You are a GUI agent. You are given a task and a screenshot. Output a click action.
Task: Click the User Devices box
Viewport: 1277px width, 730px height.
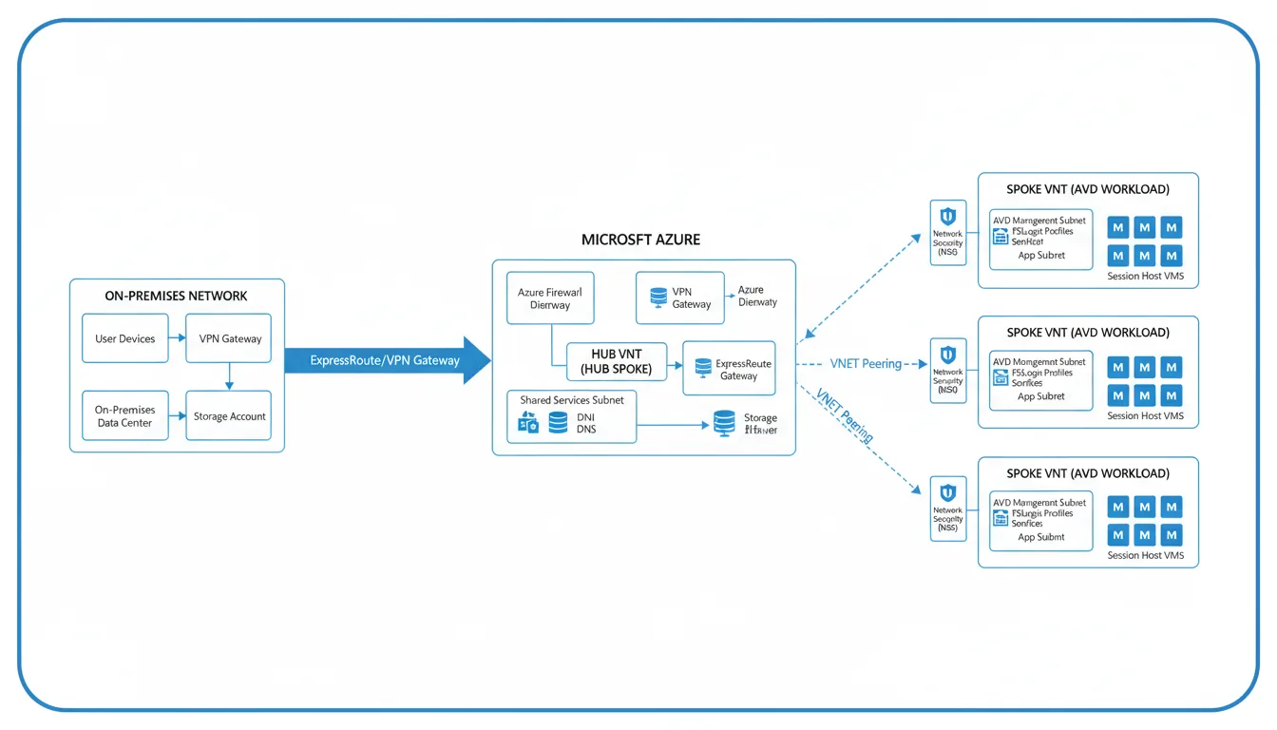[124, 338]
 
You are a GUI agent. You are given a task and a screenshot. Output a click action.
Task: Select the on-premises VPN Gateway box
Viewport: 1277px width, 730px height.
[229, 338]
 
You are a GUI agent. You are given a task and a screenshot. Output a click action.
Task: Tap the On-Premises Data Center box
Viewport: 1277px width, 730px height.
[124, 415]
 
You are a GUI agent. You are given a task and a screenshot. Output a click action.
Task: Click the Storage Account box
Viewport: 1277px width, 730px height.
[229, 415]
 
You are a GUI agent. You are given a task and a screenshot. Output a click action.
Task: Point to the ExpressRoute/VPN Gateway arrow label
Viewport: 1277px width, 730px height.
[384, 360]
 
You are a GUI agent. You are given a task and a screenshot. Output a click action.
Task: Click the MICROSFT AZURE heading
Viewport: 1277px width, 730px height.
[640, 240]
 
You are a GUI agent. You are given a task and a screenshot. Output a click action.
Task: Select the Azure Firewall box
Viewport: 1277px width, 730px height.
[550, 298]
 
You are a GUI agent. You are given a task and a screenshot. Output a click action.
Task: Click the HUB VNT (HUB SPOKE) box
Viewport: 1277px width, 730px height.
[616, 360]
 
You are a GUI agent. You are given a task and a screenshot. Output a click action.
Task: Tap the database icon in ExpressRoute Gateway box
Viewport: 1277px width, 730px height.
[703, 368]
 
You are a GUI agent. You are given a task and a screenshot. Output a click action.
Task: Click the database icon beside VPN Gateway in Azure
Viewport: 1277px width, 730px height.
[658, 298]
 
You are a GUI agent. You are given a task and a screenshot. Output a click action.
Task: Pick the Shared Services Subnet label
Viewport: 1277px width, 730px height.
[571, 400]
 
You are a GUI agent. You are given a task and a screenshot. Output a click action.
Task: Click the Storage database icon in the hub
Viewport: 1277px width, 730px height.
[724, 422]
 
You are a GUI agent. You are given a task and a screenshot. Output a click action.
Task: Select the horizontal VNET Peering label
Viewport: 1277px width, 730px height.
[865, 363]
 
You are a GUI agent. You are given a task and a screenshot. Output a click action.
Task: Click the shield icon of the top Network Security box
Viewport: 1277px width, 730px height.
[947, 216]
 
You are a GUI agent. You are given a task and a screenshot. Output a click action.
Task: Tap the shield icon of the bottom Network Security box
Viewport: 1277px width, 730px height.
[947, 492]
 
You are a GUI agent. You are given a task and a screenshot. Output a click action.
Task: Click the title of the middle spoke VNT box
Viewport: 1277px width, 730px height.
[1087, 333]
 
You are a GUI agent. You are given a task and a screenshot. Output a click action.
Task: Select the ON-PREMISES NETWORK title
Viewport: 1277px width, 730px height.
[176, 296]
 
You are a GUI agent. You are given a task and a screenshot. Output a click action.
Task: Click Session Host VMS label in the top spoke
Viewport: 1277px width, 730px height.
[1145, 277]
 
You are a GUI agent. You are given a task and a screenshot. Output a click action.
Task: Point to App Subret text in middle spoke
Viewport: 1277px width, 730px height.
[1040, 396]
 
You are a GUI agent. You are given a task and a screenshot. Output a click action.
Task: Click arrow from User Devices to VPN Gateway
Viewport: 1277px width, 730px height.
[177, 338]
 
